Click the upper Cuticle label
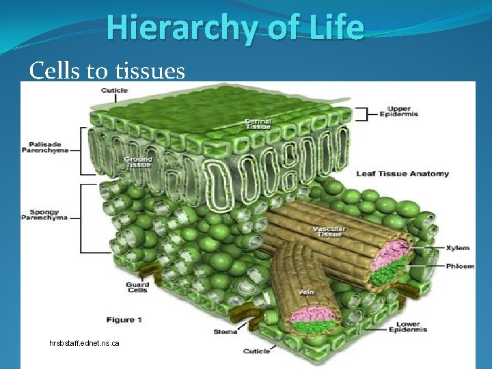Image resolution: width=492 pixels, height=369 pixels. point(114,91)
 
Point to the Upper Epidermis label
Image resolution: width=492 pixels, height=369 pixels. point(402,111)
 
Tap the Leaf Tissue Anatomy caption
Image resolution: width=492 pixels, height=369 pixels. point(402,174)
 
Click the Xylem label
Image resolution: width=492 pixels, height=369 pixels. point(457,248)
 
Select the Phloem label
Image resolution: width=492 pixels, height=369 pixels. point(459,266)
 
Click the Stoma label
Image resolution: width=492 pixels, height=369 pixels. point(225,332)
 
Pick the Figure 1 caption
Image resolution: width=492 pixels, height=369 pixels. point(124,320)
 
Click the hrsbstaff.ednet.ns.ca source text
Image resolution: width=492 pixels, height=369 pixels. point(84,342)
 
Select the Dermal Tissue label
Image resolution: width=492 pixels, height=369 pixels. point(258,124)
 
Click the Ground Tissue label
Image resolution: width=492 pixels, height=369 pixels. point(137,161)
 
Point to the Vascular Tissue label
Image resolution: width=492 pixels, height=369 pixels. point(329,232)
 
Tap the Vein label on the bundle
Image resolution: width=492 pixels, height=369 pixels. point(305,292)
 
